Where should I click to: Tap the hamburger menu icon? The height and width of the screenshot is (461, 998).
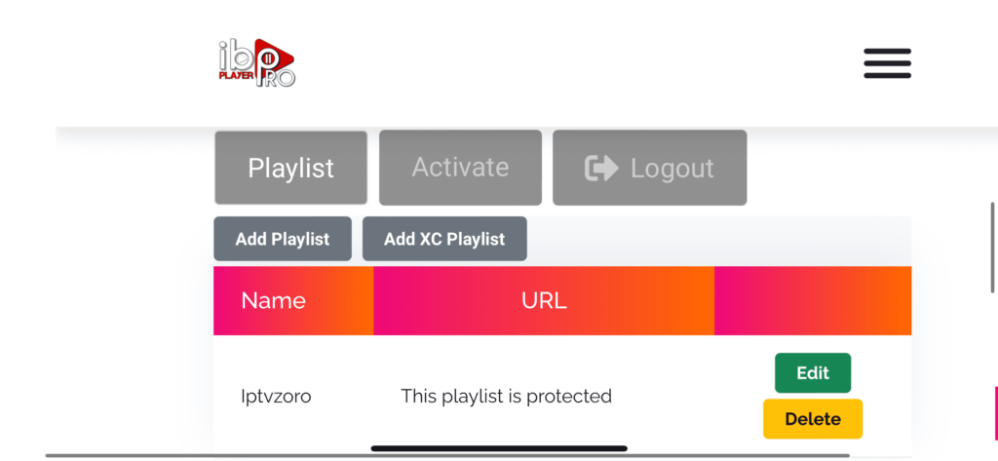click(x=887, y=63)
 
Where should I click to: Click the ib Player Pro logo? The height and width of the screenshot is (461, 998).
click(x=256, y=62)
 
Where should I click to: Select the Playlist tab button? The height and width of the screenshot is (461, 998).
click(x=290, y=168)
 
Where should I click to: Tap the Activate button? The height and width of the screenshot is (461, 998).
click(x=460, y=168)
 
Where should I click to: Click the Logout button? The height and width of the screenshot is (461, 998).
click(x=649, y=168)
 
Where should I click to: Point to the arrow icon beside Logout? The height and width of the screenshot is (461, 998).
click(x=601, y=168)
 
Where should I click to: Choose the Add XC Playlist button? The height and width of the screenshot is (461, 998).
click(x=444, y=239)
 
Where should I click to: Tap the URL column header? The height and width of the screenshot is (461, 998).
click(x=544, y=300)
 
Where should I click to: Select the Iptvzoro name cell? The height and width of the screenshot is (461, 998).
click(x=276, y=397)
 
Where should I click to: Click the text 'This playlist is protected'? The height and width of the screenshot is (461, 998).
click(x=506, y=397)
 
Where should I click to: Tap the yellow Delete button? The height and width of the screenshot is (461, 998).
click(x=813, y=419)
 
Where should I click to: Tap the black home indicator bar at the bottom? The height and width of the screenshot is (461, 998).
click(x=499, y=448)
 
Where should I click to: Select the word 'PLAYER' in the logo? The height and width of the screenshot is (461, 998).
click(x=237, y=75)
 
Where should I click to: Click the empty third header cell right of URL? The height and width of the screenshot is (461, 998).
click(x=813, y=300)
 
